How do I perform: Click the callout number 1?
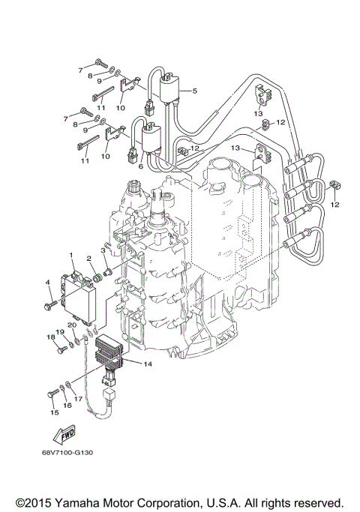71,256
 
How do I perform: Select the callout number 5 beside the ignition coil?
193,91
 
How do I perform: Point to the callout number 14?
147,364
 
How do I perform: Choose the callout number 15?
53,412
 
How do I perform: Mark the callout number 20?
73,325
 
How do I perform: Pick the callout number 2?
88,258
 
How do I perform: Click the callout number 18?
52,337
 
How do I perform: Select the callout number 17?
77,399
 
